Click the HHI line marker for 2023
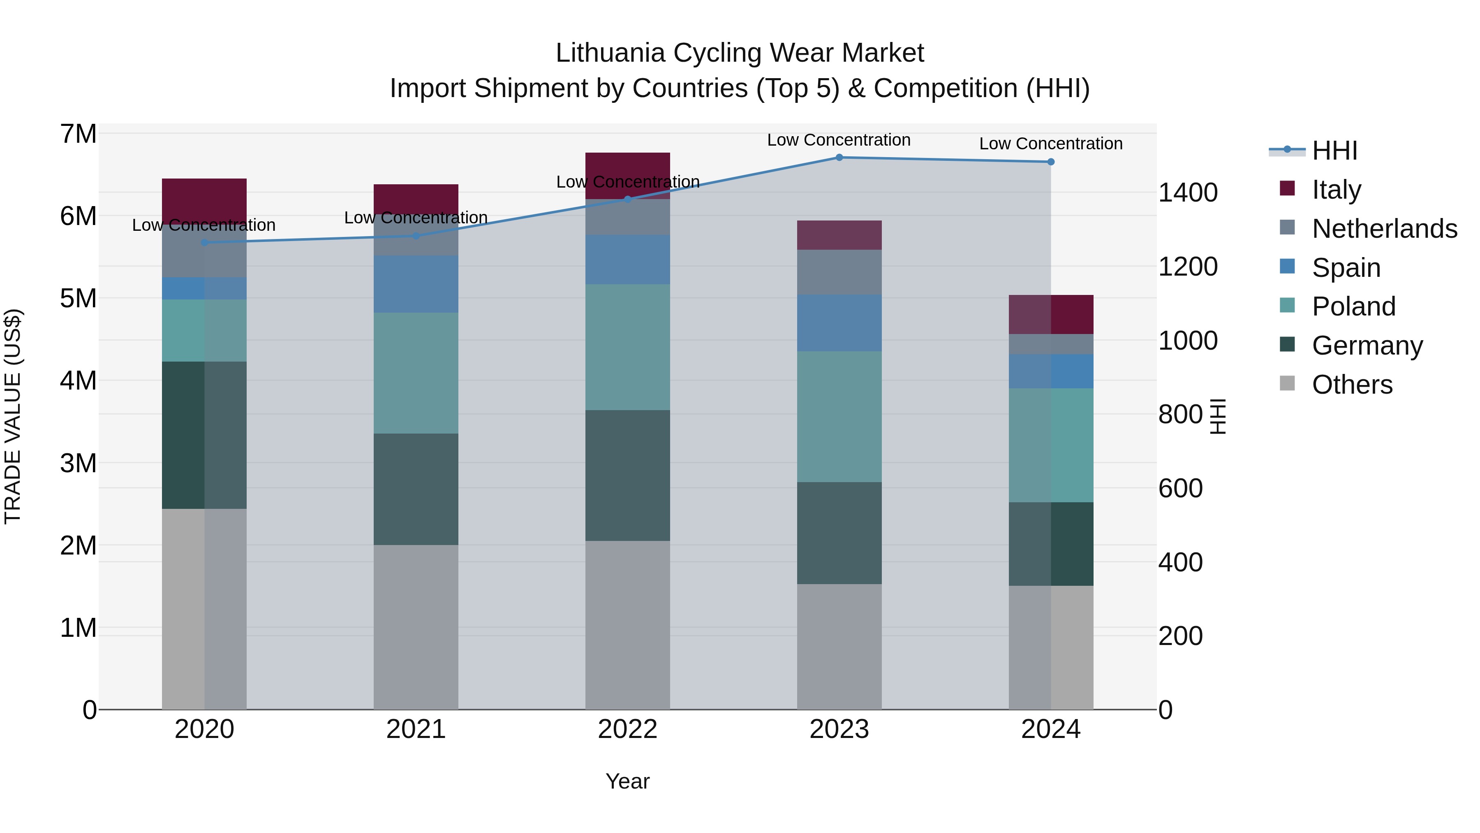coord(839,157)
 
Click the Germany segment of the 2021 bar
coord(416,489)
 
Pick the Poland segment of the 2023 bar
coord(839,417)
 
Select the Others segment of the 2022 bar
coord(627,625)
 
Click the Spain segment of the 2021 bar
coord(416,284)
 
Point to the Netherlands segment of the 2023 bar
coord(839,272)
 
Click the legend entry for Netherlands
coord(1384,229)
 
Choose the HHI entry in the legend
coord(1334,151)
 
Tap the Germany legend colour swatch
coord(1288,345)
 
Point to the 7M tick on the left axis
coord(78,134)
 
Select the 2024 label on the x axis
coord(1050,729)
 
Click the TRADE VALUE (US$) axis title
coord(13,416)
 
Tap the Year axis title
coord(627,781)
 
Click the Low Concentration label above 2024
coord(1050,143)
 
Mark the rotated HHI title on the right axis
coord(1217,416)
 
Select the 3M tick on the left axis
coord(78,463)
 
